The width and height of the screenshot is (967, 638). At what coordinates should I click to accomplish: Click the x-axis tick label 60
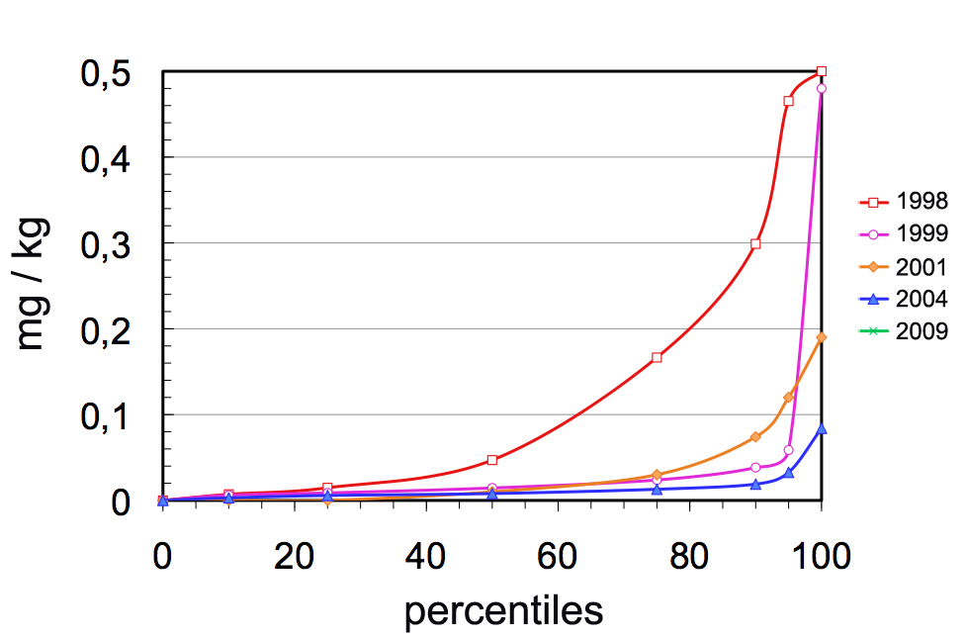pos(558,557)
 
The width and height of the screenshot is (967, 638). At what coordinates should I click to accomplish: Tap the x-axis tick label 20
pos(295,557)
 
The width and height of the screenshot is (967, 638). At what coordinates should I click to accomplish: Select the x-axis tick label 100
pos(821,557)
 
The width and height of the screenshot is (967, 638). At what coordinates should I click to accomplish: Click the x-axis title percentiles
pos(503,611)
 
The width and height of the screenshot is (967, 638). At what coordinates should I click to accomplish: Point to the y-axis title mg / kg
pos(32,283)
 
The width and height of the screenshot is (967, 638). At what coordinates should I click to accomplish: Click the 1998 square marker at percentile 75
pos(657,357)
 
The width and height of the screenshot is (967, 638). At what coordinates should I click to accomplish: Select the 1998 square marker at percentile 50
pos(491,460)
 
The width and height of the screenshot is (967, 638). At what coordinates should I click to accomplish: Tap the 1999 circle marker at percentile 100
pos(821,88)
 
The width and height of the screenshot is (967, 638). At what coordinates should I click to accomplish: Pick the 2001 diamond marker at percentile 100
pos(821,337)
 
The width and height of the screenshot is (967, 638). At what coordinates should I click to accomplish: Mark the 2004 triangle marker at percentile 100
pos(821,428)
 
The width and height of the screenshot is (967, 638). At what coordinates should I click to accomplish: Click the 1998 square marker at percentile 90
pos(755,243)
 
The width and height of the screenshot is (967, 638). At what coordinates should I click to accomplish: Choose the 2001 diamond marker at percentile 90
pos(755,436)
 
